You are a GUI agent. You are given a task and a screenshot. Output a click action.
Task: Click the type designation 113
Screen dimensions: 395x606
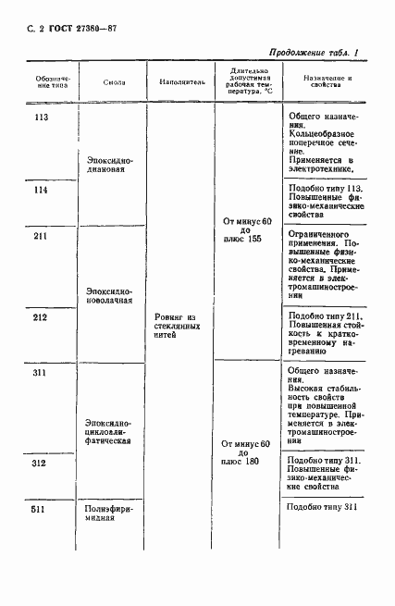tap(40, 117)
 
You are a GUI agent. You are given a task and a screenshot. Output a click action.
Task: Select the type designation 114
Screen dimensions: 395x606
tap(40, 190)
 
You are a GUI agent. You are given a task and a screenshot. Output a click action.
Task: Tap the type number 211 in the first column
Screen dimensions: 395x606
tap(40, 236)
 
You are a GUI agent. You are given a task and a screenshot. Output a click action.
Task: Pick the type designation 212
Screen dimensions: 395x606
tap(40, 318)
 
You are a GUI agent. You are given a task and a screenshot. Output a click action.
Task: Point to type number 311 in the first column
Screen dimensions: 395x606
tap(40, 374)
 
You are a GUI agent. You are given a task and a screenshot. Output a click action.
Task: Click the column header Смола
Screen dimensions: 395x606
tap(115, 81)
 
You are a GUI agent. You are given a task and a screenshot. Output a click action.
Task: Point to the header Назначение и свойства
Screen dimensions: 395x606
tap(323, 81)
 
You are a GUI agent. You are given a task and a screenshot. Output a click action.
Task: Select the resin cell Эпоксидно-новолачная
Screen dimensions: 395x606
tap(114, 294)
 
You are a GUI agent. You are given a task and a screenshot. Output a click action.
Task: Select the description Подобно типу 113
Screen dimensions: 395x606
tap(325, 189)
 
